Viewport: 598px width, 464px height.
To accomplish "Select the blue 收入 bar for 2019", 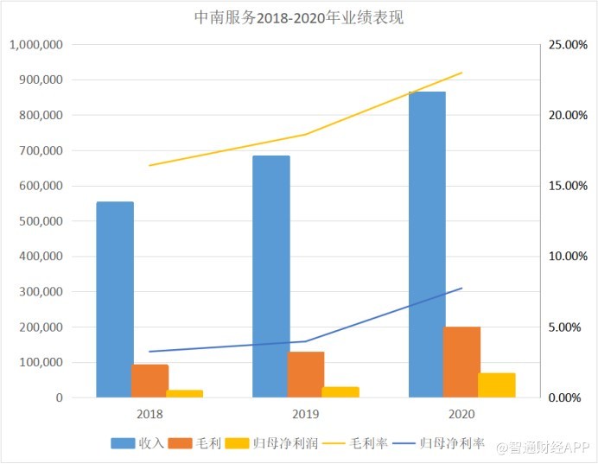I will coord(270,276).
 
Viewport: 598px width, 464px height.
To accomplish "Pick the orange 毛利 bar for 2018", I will coord(150,381).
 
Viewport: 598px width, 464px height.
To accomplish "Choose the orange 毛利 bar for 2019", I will coord(306,375).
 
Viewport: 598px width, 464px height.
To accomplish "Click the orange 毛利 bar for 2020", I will coord(462,362).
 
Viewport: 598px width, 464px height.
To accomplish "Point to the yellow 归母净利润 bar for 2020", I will coord(497,385).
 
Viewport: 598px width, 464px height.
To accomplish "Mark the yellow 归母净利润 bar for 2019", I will coord(341,392).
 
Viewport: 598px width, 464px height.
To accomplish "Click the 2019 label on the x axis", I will coord(306,414).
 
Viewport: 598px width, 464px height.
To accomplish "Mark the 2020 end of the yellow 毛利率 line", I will coord(462,73).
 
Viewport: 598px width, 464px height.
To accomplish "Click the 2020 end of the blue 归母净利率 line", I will coord(462,288).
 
